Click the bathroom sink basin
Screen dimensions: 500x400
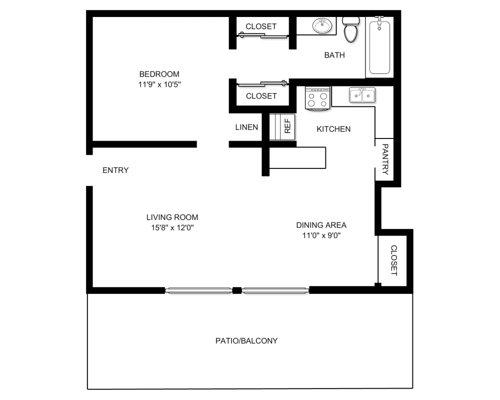(322, 25)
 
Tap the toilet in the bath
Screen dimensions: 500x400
(351, 29)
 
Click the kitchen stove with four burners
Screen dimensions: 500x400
(317, 98)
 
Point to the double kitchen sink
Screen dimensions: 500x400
(362, 95)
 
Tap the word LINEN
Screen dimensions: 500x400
(246, 127)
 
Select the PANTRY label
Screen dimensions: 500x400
(385, 159)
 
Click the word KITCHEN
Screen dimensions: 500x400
(333, 129)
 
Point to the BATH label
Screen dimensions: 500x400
(334, 55)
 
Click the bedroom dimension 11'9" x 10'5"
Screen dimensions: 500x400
(159, 84)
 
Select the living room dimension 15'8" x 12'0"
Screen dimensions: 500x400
(172, 228)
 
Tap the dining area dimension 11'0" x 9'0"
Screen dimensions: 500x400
(321, 235)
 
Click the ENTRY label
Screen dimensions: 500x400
(115, 170)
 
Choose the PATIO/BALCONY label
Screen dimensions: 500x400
(246, 341)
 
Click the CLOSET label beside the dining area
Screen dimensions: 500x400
(394, 260)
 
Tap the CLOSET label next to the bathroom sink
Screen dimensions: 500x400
(261, 26)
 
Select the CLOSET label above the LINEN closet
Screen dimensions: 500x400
(261, 96)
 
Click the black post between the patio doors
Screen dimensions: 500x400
(236, 290)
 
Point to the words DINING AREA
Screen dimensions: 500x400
(321, 225)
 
